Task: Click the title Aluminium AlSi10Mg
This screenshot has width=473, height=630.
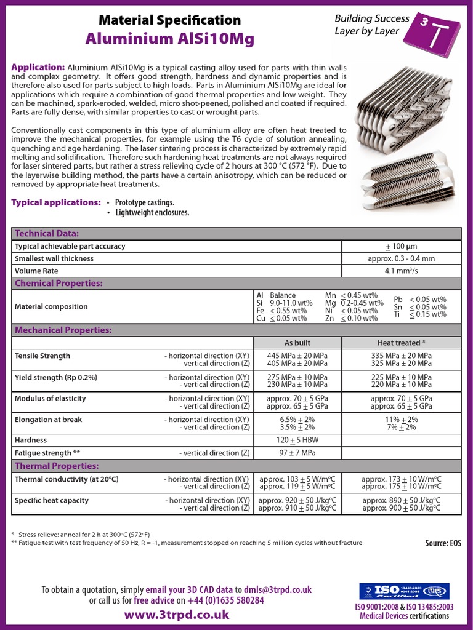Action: pyautogui.click(x=170, y=39)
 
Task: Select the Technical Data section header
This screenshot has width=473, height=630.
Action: pyautogui.click(x=47, y=234)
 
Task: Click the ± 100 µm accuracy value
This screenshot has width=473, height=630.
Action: pyautogui.click(x=401, y=247)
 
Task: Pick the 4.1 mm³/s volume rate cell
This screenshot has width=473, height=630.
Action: pyautogui.click(x=401, y=271)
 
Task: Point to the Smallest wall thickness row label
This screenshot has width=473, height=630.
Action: pyautogui.click(x=54, y=259)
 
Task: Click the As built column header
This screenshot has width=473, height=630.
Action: pyautogui.click(x=297, y=343)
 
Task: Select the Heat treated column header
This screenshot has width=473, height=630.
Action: pyautogui.click(x=401, y=343)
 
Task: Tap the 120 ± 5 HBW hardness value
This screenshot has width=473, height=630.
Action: pyautogui.click(x=297, y=441)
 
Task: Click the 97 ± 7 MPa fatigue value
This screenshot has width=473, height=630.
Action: pyautogui.click(x=297, y=453)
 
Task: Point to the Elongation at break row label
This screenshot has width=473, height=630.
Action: pyautogui.click(x=48, y=420)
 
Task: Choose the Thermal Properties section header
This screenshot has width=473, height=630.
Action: pyautogui.click(x=57, y=466)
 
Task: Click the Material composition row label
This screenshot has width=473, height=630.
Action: pyautogui.click(x=51, y=307)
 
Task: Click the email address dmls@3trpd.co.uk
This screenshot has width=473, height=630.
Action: pyautogui.click(x=278, y=589)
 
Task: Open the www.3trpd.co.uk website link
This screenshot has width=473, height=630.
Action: pyautogui.click(x=177, y=615)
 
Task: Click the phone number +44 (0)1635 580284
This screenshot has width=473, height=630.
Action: pyautogui.click(x=226, y=600)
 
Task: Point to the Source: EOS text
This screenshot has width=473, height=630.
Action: pyautogui.click(x=443, y=543)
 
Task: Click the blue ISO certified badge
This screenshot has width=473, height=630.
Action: pyautogui.click(x=404, y=592)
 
